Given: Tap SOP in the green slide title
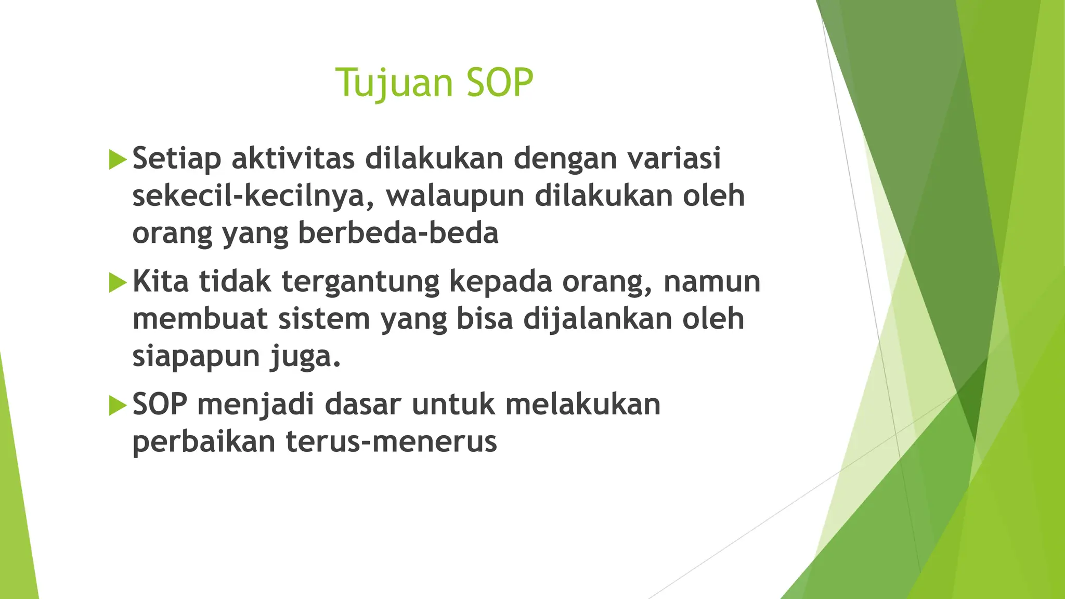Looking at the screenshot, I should [499, 83].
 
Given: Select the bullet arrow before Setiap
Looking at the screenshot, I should [118, 159].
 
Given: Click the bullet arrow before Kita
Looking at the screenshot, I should [118, 282].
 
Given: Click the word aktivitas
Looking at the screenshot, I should [293, 158].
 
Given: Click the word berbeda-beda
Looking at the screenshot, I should [398, 233].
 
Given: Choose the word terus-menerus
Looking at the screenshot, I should [392, 442].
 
